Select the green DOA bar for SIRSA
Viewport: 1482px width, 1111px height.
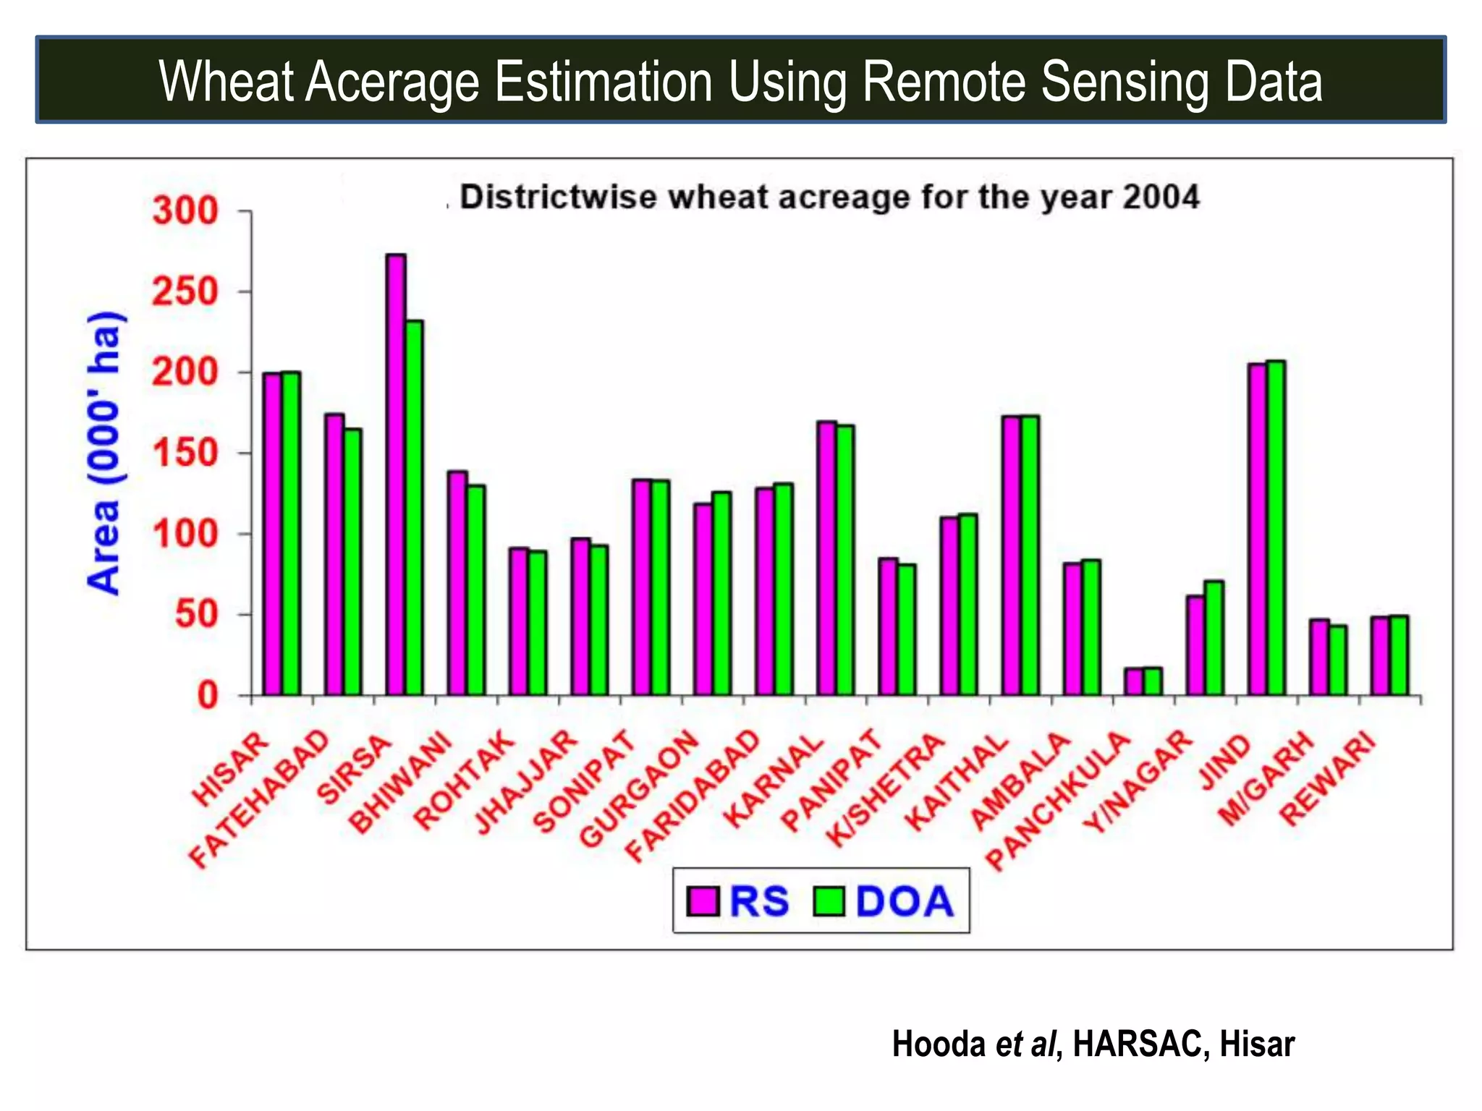coord(415,506)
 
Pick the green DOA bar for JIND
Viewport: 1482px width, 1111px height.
coord(1276,528)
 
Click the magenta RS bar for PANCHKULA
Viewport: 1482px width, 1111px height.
coord(1134,681)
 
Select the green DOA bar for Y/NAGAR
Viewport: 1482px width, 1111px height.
coord(1214,638)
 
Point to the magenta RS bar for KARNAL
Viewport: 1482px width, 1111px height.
coord(826,557)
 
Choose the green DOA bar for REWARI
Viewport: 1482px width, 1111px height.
coord(1399,655)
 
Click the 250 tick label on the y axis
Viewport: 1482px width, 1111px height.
coord(185,292)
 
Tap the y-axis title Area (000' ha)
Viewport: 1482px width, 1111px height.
coord(103,453)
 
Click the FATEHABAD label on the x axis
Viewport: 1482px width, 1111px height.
coord(258,799)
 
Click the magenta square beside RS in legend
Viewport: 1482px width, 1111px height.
coord(703,901)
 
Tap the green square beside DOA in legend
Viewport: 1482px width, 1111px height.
coord(829,901)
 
